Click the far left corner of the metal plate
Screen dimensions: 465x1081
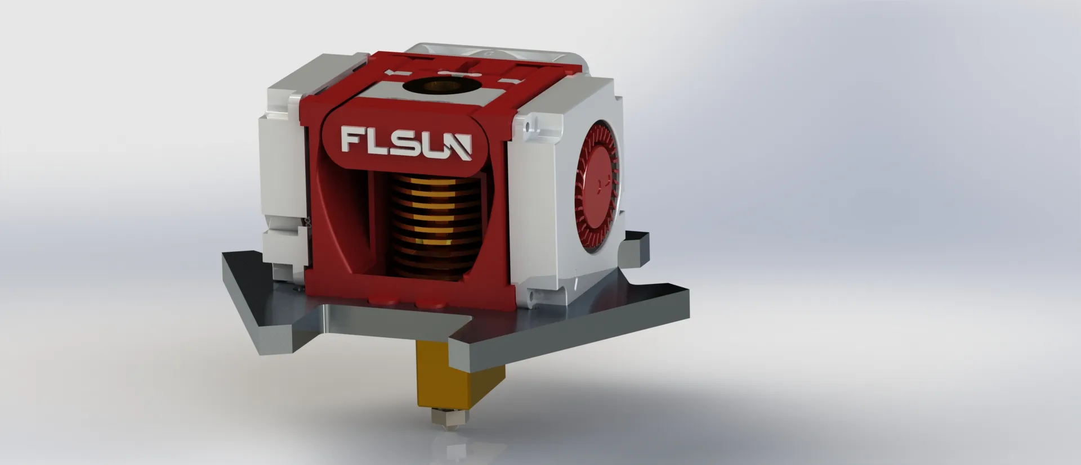(225, 256)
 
